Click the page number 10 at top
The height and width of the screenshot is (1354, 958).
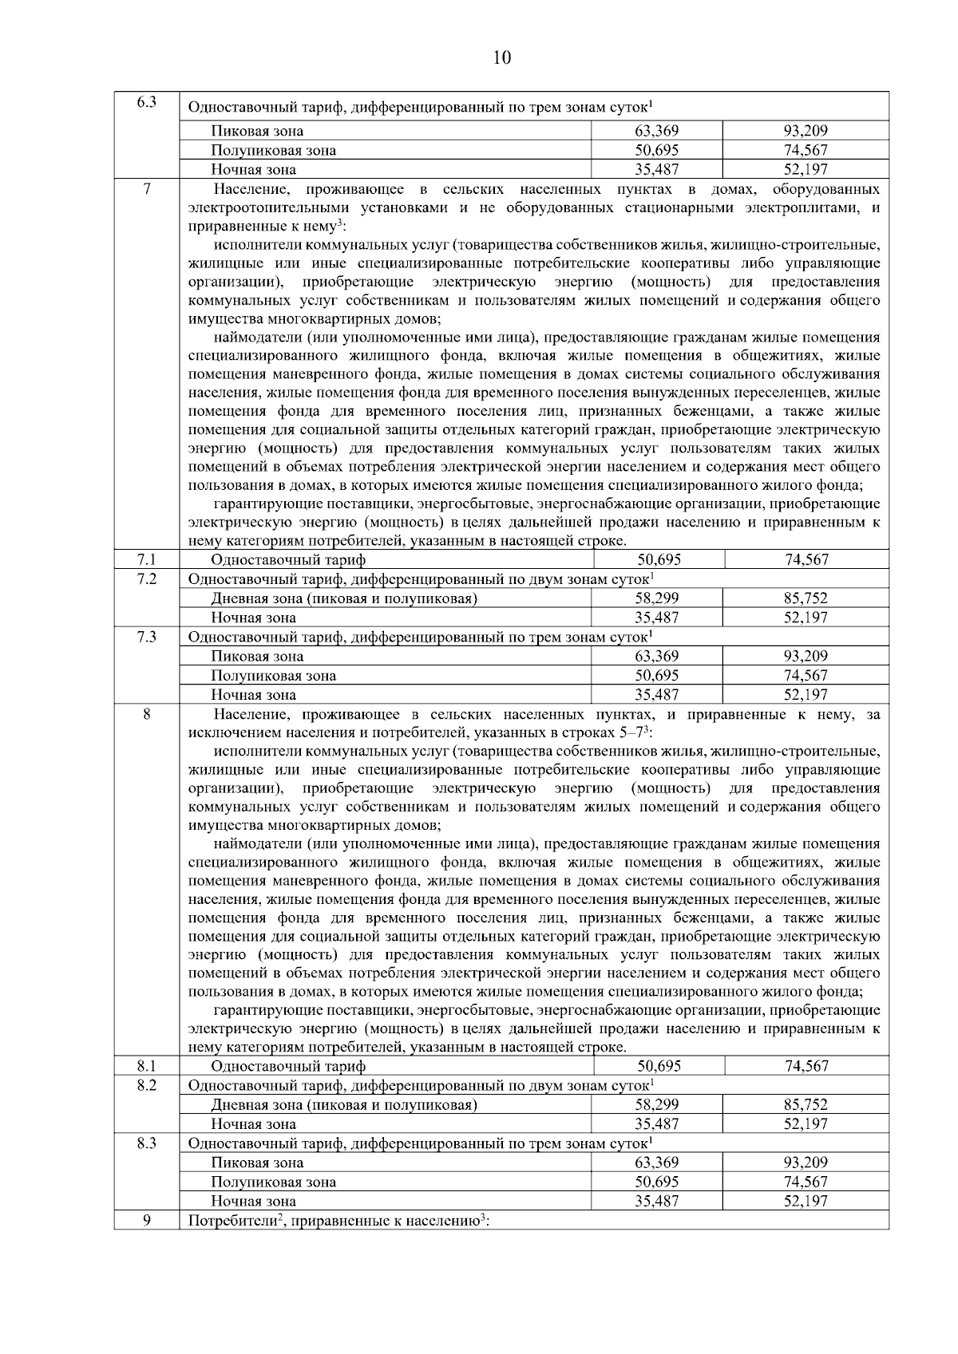[502, 57]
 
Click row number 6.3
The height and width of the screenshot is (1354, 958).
[146, 102]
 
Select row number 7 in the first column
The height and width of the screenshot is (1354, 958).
[146, 188]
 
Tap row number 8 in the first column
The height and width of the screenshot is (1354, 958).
[146, 714]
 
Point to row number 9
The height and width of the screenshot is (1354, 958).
[146, 1220]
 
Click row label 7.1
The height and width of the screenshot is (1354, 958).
[146, 560]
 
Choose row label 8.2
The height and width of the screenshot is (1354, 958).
[146, 1085]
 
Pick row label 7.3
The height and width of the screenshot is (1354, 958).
[146, 637]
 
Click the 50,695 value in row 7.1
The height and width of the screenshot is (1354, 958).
[659, 560]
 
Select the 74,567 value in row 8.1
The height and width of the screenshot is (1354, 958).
[806, 1066]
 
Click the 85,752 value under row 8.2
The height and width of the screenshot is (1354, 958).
[806, 1105]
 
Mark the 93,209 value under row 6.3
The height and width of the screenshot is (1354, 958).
[806, 131]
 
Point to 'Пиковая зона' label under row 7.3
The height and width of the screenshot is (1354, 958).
[257, 657]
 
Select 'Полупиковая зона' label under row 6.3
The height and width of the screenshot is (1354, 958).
[273, 150]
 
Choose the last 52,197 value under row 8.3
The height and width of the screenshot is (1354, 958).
[806, 1201]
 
